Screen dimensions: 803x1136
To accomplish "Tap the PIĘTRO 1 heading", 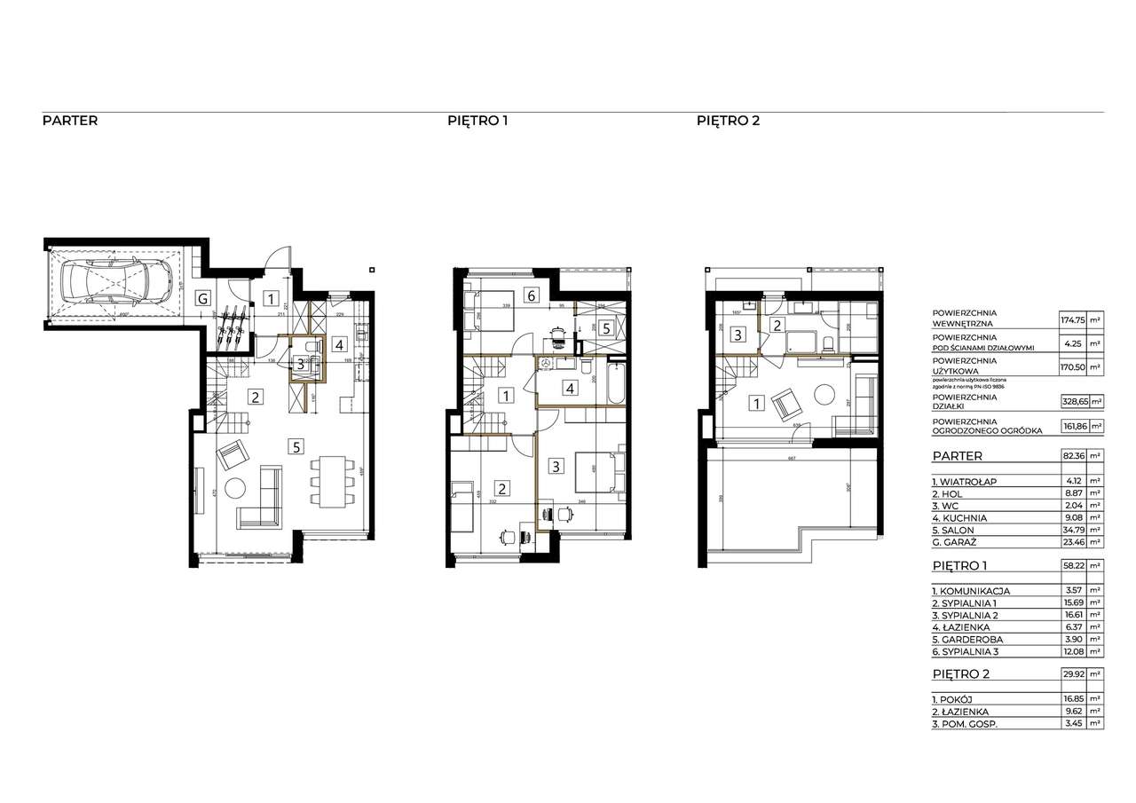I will click(477, 121).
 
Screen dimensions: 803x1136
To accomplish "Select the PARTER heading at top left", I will click(70, 121).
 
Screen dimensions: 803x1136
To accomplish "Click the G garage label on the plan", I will click(203, 299).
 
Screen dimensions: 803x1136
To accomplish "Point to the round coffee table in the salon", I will click(236, 489).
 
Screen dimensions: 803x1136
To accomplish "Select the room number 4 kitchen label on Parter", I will click(339, 343).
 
